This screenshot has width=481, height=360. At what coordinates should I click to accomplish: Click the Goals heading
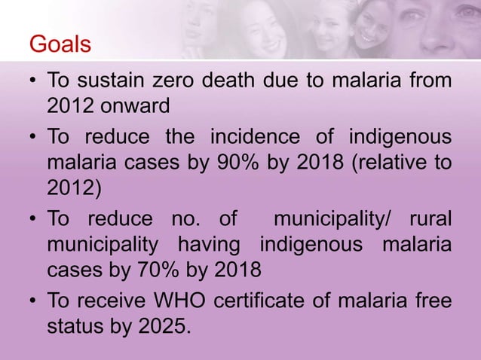click(x=60, y=44)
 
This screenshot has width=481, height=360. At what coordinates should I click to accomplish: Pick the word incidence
click(x=285, y=139)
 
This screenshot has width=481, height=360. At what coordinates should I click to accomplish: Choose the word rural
click(x=430, y=219)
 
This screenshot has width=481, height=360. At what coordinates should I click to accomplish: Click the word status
click(x=73, y=328)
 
